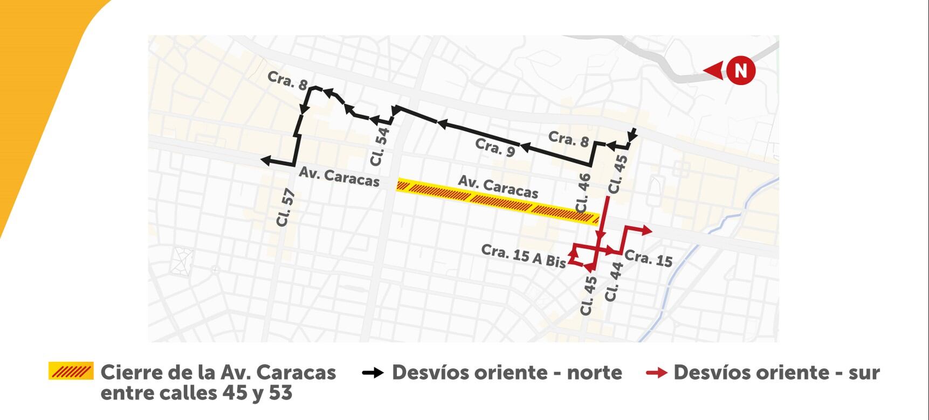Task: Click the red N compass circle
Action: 740,71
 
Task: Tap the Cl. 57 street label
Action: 286,208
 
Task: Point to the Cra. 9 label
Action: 495,147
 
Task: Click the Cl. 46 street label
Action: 583,193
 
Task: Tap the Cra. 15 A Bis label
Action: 523,256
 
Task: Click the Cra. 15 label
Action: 649,258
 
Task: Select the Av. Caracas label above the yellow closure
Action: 498,187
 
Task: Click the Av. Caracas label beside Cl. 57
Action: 339,177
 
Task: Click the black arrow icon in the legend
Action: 373,373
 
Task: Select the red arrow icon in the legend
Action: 656,373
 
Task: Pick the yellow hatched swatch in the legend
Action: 71,371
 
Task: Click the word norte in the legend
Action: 594,373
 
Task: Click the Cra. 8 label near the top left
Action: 287,80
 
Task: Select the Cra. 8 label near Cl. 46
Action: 568,139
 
